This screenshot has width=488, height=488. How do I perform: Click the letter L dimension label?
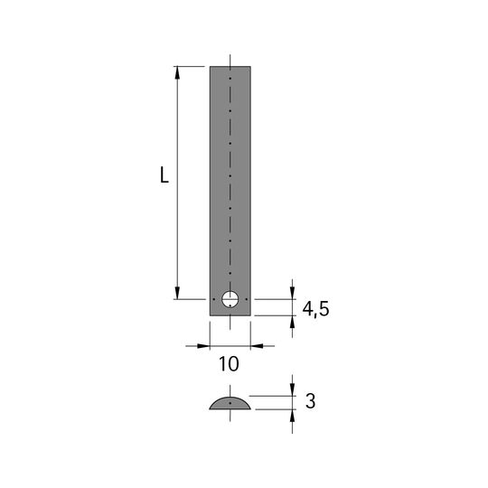(x=164, y=175)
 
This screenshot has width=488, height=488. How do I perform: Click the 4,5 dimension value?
(x=316, y=309)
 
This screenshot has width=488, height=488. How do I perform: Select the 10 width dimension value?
(x=229, y=364)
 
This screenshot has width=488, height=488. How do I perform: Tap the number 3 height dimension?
(x=310, y=401)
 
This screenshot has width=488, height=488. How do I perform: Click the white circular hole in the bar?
(x=230, y=299)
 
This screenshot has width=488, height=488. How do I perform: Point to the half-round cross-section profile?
(x=230, y=403)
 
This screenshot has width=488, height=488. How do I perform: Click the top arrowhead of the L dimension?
(x=177, y=72)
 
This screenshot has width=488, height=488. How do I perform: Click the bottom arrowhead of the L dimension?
(x=177, y=293)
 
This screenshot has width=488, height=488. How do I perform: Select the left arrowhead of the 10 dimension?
(x=204, y=346)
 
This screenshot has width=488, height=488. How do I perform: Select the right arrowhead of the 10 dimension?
(x=257, y=346)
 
